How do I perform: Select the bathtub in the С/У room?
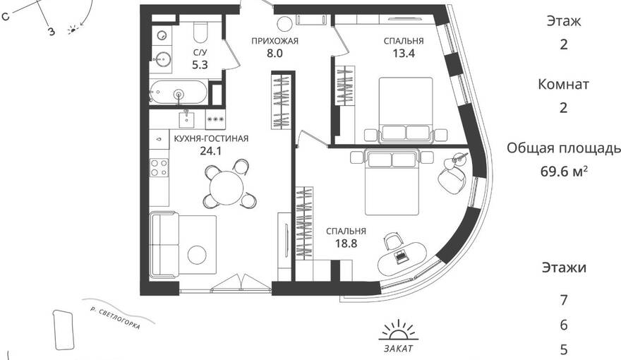(x=179, y=92)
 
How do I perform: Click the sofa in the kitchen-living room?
(x=164, y=246)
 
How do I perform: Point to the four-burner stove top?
(x=159, y=167)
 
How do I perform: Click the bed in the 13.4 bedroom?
(x=406, y=109)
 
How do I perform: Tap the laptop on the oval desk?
(x=402, y=256)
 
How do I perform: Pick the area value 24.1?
(x=211, y=151)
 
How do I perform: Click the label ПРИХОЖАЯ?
(x=275, y=41)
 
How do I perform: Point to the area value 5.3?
(x=200, y=64)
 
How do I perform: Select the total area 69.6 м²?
(x=564, y=172)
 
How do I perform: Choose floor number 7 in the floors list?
(x=564, y=300)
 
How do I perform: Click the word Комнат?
(x=563, y=84)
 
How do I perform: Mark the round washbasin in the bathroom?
(x=163, y=60)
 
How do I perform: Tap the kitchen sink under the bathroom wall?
(x=186, y=118)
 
